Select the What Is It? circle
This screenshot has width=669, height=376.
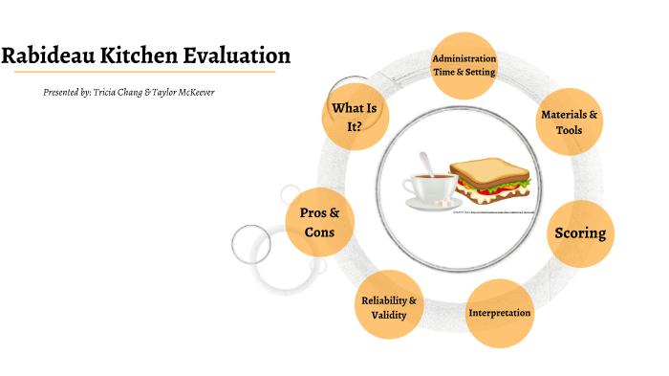pyautogui.click(x=355, y=119)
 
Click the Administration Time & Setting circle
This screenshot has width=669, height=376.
pyautogui.click(x=463, y=66)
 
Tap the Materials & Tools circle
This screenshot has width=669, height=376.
pyautogui.click(x=569, y=122)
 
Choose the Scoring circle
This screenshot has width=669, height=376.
pyautogui.click(x=580, y=233)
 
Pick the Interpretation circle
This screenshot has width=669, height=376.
pyautogui.click(x=499, y=313)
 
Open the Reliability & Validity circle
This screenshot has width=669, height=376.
pyautogui.click(x=389, y=307)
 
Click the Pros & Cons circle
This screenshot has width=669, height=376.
pyautogui.click(x=320, y=223)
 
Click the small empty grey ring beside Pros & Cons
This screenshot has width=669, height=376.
pyautogui.click(x=252, y=244)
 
